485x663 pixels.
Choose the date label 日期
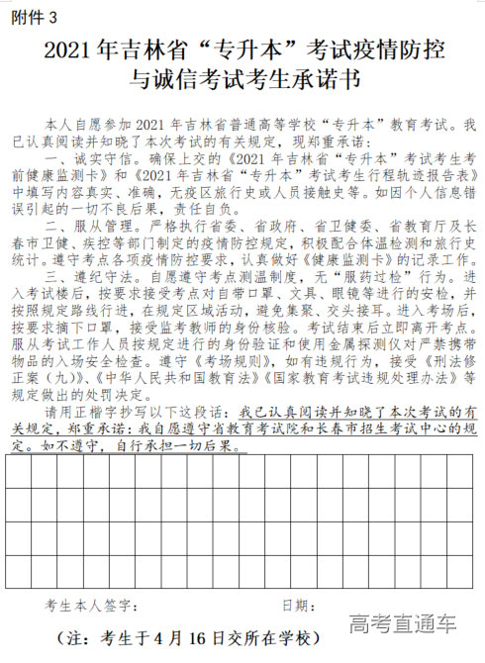click(x=300, y=605)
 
